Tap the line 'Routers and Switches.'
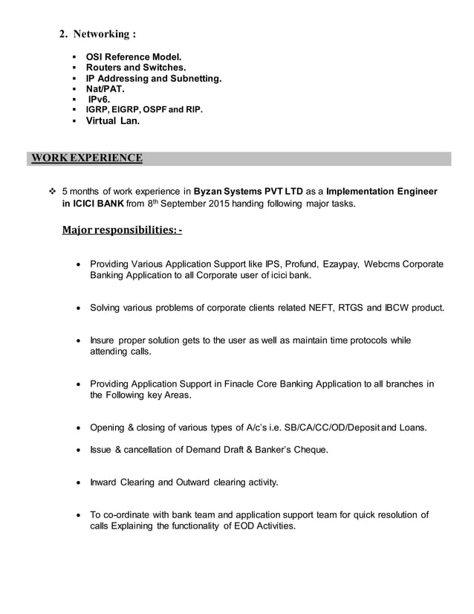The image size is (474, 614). coord(135,68)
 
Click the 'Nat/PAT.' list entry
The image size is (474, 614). coord(106,88)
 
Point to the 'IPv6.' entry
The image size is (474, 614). coord(100,99)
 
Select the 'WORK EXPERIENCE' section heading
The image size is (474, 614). coord(85,158)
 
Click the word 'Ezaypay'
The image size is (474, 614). coord(342,264)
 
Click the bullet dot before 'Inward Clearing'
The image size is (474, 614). coord(79,482)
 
